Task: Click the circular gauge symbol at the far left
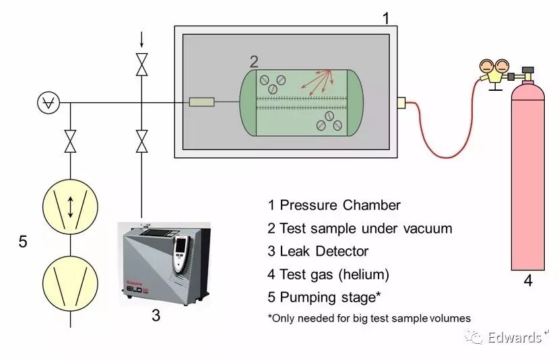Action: click(x=48, y=102)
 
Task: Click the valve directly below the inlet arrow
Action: click(x=141, y=65)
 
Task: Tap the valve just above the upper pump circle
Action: click(x=70, y=141)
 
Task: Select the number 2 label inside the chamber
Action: click(x=254, y=62)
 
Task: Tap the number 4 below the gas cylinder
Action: click(x=528, y=281)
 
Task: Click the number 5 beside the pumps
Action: click(x=23, y=242)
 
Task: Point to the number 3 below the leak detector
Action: click(x=156, y=314)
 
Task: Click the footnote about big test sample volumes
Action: click(x=368, y=318)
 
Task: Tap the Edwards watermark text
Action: click(x=515, y=336)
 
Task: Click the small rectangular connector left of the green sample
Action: click(x=201, y=102)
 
